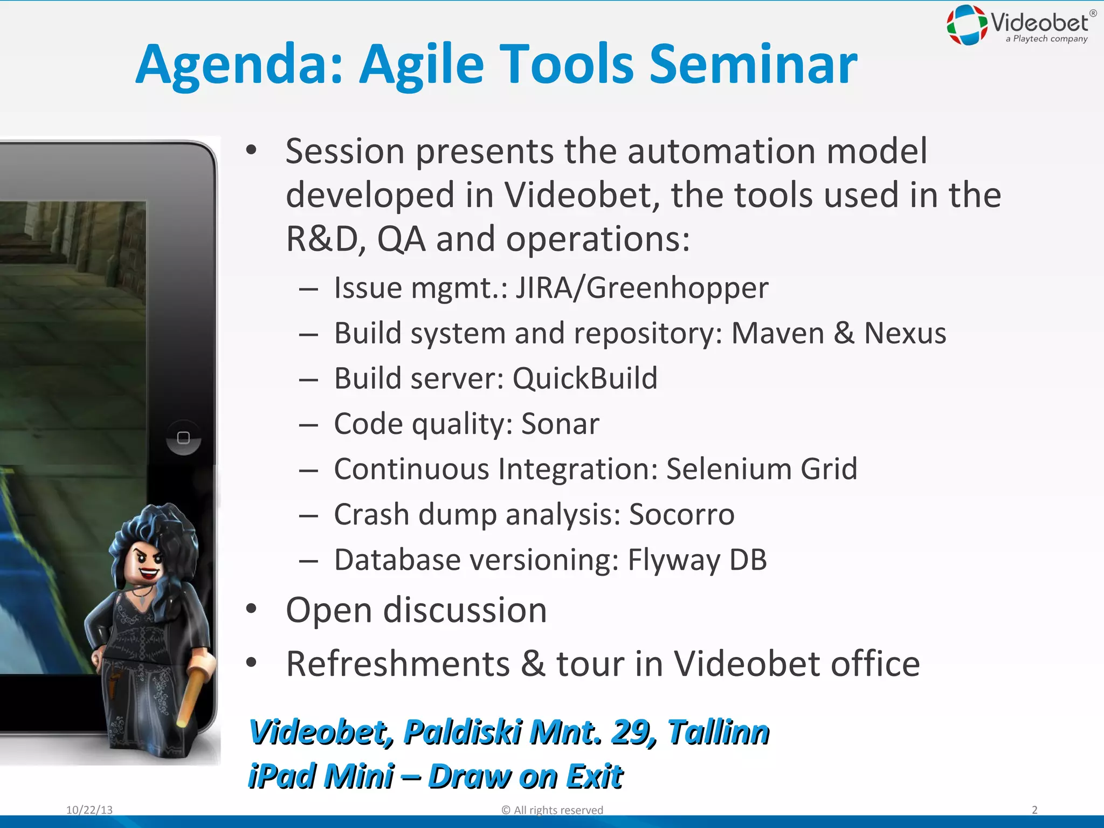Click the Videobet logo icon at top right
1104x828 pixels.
(967, 25)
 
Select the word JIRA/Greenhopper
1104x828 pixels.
(641, 288)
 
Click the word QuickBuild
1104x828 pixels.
(585, 378)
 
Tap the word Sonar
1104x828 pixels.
(560, 424)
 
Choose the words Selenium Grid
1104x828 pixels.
(761, 469)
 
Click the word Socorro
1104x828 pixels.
(681, 514)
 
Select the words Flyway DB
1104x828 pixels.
(696, 560)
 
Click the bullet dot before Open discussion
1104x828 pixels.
(251, 609)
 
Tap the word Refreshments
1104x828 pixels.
(397, 664)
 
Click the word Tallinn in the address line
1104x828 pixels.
(718, 732)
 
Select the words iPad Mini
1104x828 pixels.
(321, 776)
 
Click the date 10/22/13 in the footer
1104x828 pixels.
(89, 810)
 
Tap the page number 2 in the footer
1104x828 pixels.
(1034, 810)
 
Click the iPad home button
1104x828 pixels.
(183, 438)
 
